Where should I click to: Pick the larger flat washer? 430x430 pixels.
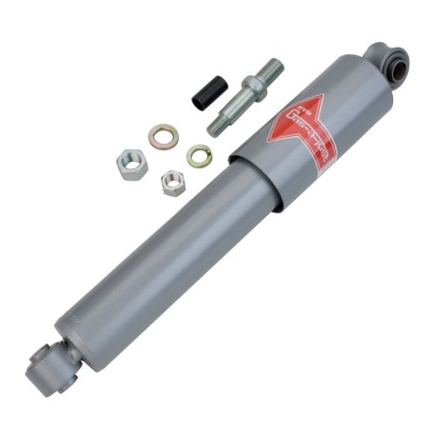tap(164, 137)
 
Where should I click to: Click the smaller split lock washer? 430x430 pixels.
tap(198, 153)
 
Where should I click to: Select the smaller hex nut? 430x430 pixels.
tap(172, 182)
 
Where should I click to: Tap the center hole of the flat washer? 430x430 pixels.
tap(164, 137)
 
